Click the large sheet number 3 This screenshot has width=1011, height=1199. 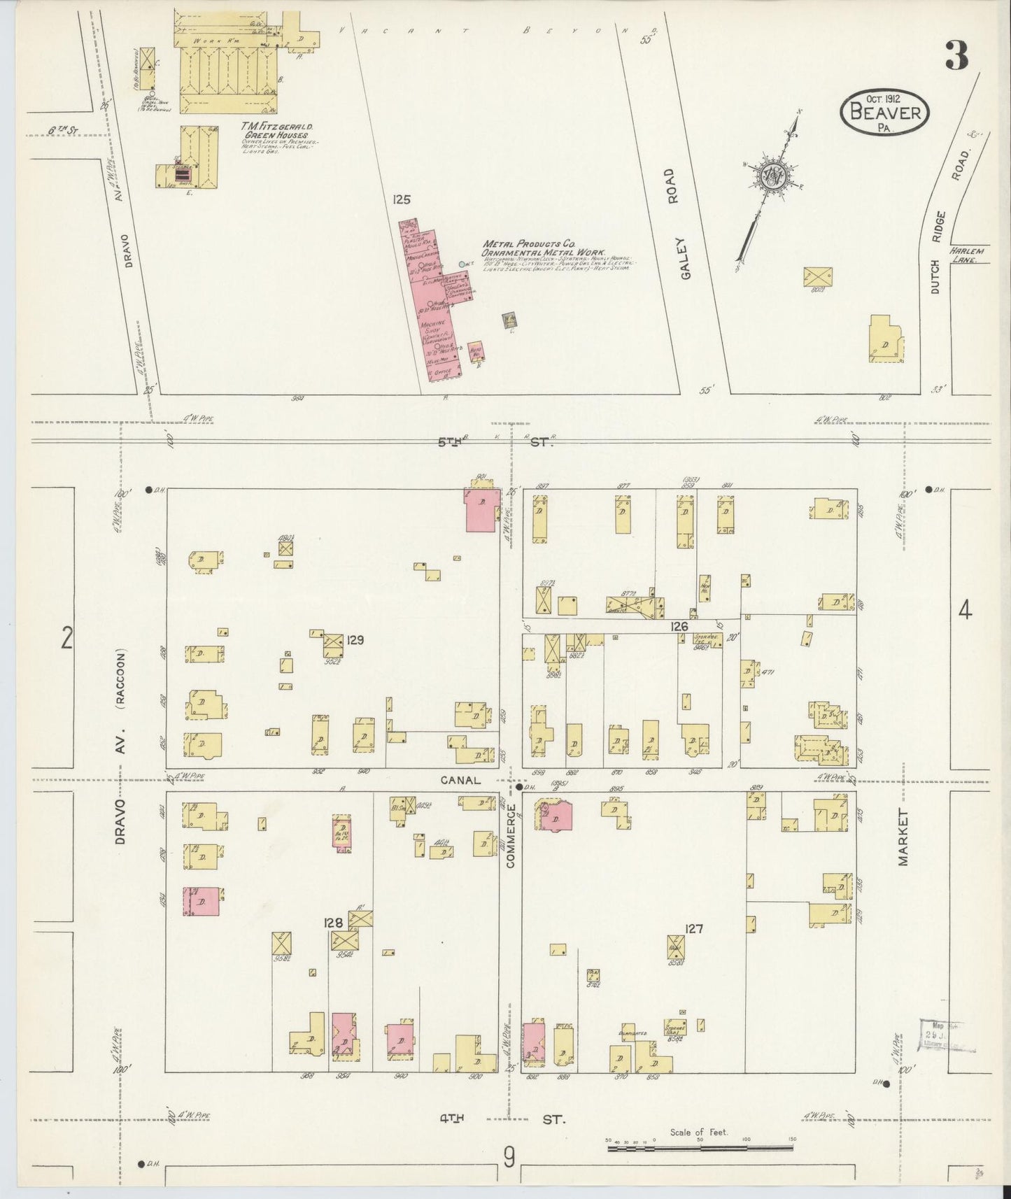957,55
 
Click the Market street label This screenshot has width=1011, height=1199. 903,838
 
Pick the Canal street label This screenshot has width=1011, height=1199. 461,779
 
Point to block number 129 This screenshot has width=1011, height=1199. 355,639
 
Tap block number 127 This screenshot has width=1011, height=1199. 694,929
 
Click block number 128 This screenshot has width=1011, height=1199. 332,923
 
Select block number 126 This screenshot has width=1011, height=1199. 679,626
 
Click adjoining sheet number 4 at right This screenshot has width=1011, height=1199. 965,611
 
